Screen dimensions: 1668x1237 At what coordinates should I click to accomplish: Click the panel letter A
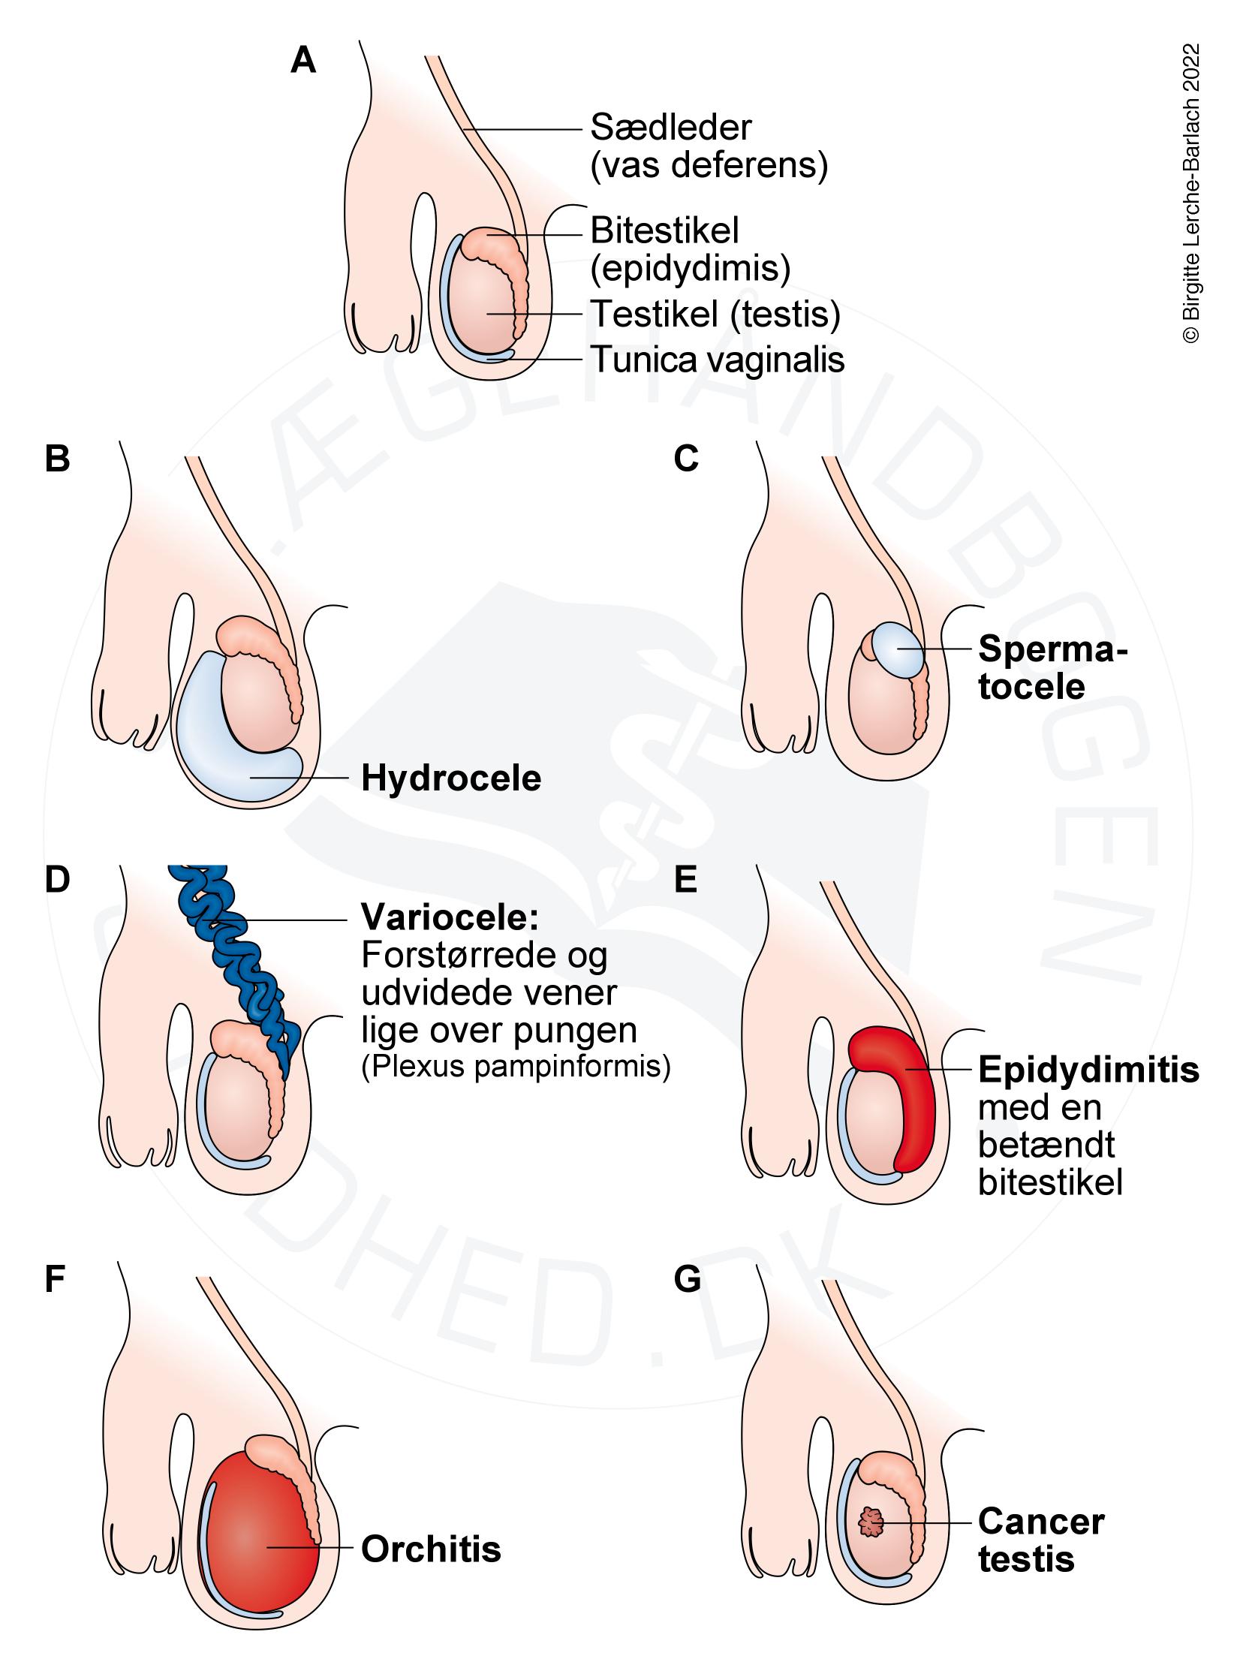[303, 61]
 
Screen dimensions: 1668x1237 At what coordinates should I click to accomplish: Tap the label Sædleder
[670, 128]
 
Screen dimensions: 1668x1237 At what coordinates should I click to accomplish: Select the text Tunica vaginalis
[718, 360]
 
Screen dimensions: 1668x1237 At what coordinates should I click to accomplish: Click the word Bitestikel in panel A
[664, 230]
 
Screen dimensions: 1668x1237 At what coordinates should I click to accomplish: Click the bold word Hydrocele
[451, 778]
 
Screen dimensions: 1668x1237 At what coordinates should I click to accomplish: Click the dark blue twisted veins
[233, 953]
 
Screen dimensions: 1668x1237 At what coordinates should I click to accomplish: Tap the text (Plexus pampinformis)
[516, 1067]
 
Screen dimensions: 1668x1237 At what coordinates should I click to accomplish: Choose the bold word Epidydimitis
[1088, 1070]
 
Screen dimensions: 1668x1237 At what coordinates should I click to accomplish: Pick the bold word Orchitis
[431, 1548]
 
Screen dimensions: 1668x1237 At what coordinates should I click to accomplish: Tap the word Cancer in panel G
[1040, 1522]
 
